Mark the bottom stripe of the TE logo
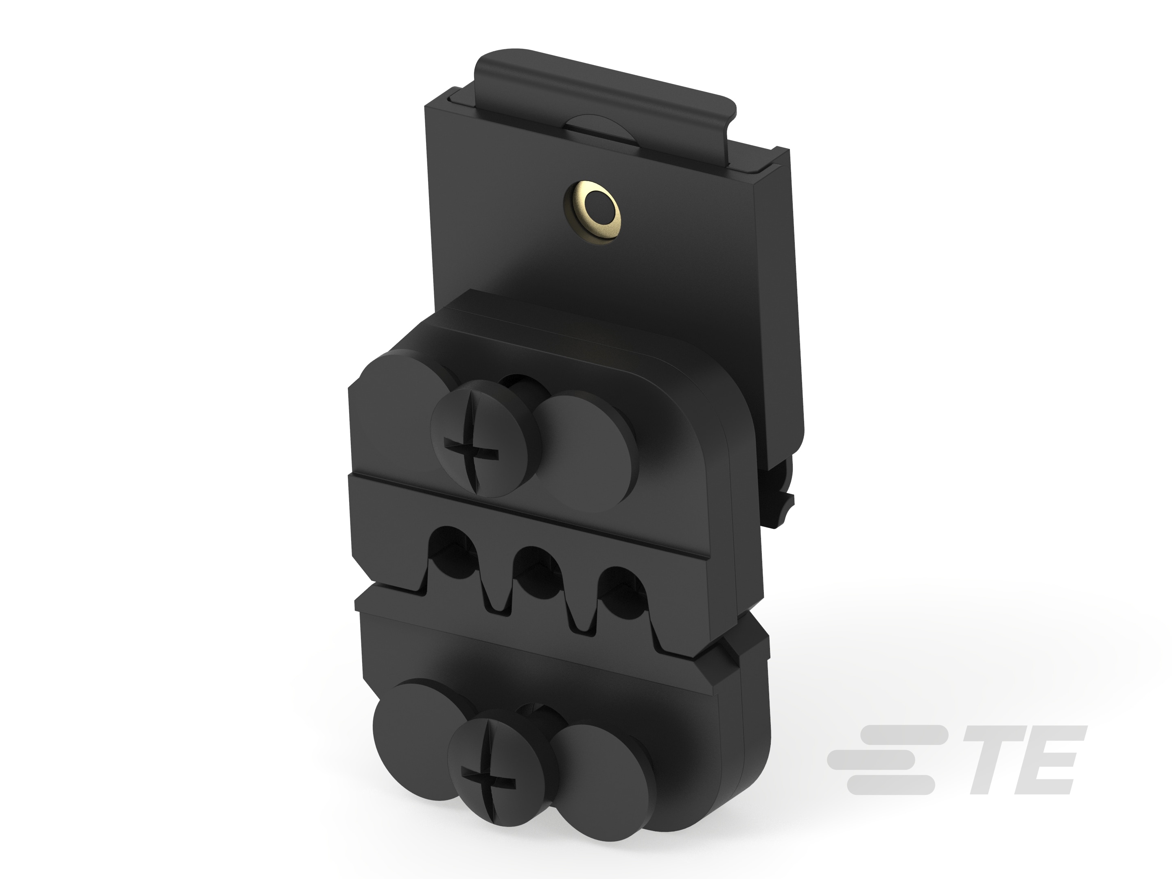pos(891,784)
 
